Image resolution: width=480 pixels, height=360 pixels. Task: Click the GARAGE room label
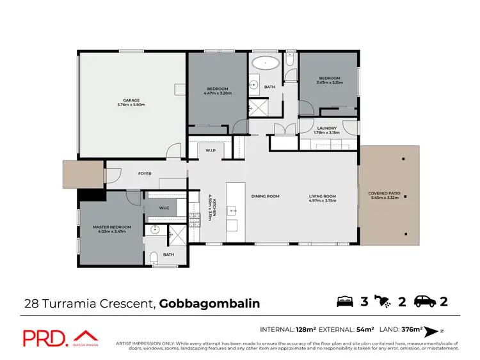[x=131, y=100]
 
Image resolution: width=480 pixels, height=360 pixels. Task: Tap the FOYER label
[x=145, y=173]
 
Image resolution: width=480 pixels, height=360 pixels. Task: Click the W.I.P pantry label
[x=210, y=151]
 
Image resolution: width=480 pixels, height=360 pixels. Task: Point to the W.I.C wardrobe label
[x=164, y=208]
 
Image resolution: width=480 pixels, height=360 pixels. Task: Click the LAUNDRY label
[x=327, y=129]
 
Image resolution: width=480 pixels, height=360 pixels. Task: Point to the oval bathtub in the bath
[x=264, y=64]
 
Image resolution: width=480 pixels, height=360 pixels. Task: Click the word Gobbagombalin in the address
[x=209, y=303]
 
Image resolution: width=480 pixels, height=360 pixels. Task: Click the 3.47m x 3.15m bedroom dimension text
[x=330, y=82]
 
